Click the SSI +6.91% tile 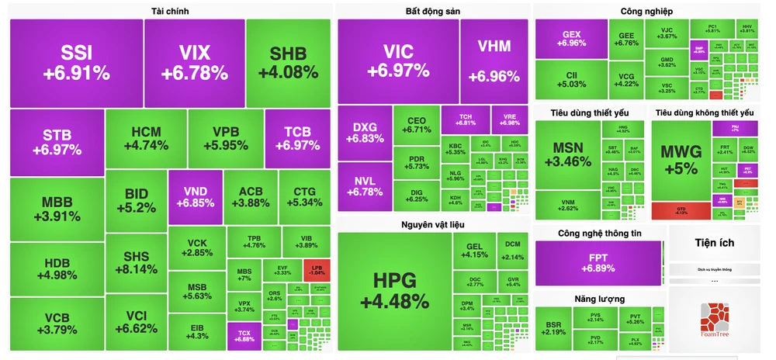(76, 64)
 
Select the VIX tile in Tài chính (194, 64)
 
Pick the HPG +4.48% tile (394, 289)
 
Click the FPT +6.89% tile (598, 262)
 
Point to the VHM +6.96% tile (494, 61)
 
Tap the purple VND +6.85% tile (195, 196)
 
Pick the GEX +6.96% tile (570, 39)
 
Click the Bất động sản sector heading (433, 11)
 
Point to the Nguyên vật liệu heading (433, 225)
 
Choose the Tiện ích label (715, 243)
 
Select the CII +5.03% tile (570, 79)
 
